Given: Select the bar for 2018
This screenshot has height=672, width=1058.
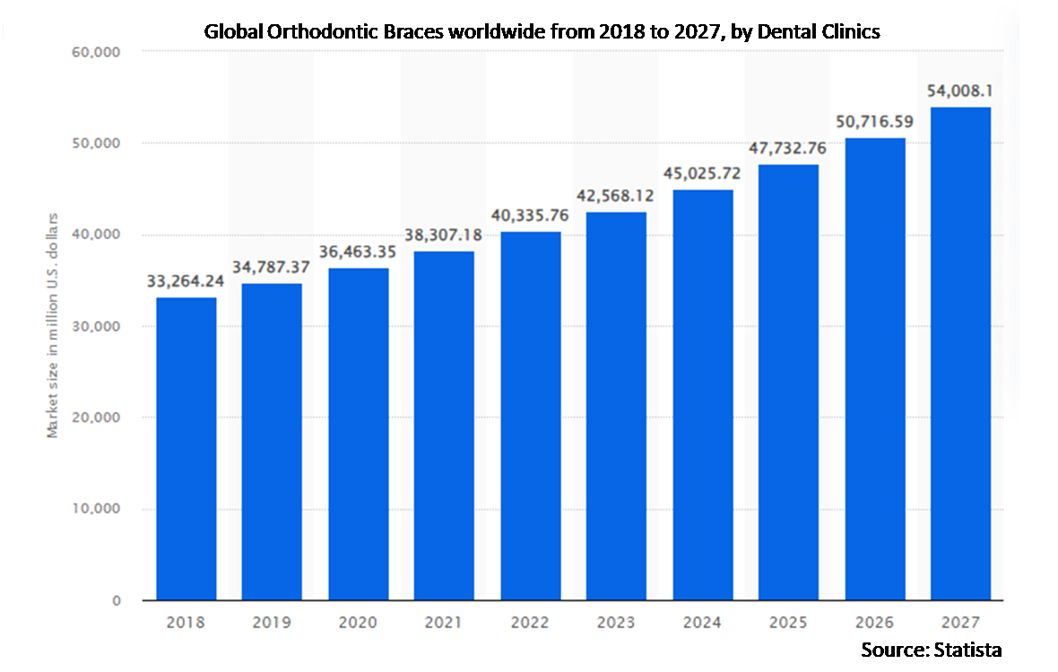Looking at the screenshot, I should (186, 448).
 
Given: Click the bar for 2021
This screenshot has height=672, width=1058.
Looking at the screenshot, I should (444, 426).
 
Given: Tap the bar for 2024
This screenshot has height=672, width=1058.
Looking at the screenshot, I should (702, 394).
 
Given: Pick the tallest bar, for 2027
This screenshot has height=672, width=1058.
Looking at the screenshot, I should (960, 354).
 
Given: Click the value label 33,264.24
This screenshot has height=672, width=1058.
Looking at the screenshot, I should (186, 281).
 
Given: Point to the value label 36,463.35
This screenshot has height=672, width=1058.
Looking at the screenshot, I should (358, 252).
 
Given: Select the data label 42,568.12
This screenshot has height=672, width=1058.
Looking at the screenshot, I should (616, 195).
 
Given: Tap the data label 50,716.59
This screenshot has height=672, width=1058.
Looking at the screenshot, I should (874, 121).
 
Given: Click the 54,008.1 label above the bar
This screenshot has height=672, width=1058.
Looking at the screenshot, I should (960, 90).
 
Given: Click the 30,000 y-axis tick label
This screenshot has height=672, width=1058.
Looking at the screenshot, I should (95, 326).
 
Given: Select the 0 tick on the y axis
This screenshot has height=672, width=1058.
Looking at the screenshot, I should (116, 600).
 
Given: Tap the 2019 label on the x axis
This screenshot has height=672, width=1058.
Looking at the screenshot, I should (272, 621).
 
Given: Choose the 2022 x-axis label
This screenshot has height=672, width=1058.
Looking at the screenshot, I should (530, 621).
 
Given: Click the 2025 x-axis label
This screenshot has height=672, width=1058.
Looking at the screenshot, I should (788, 621).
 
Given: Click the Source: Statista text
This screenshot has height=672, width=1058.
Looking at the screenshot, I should (932, 649).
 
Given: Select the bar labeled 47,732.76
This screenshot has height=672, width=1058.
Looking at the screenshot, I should (788, 381).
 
